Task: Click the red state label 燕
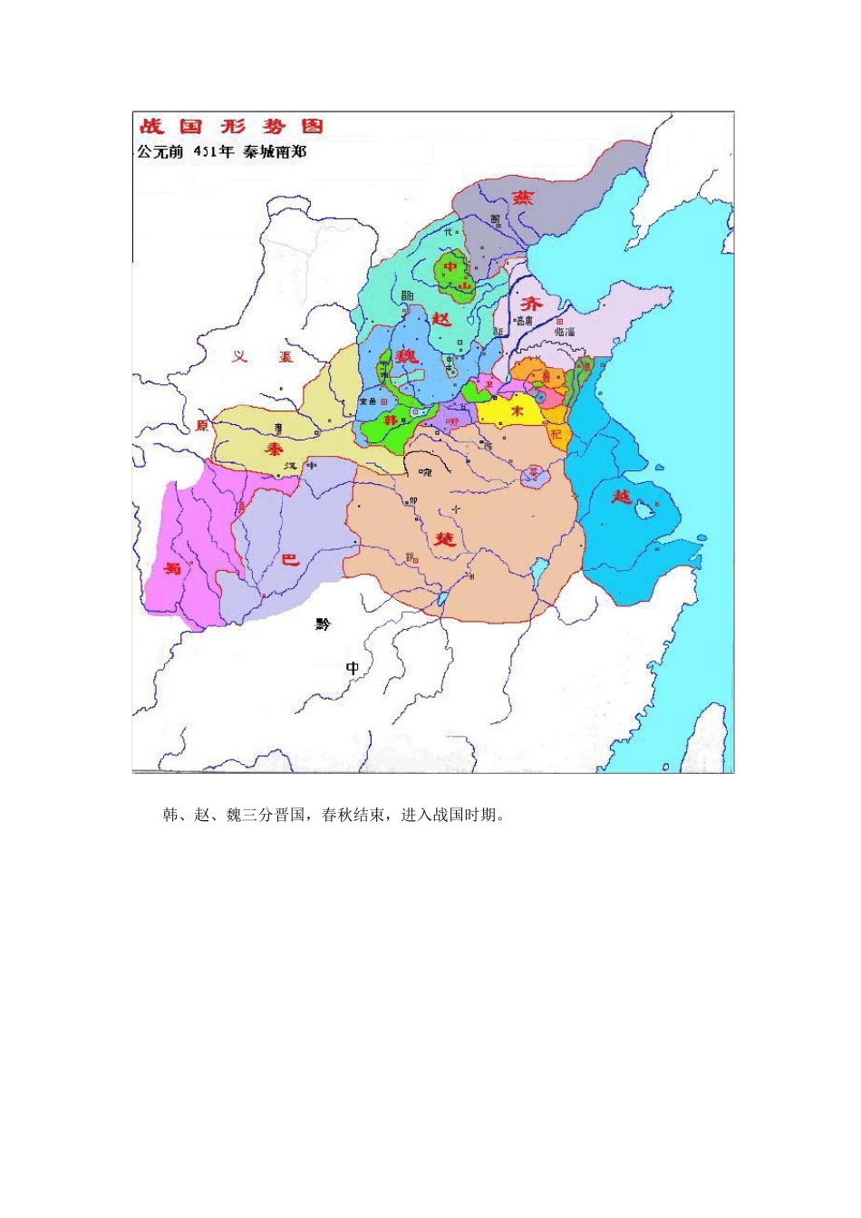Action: [523, 198]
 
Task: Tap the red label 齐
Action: [530, 304]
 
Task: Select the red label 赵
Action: [441, 319]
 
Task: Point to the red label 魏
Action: [407, 356]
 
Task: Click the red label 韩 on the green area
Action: [390, 420]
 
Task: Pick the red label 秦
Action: [274, 449]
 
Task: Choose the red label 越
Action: [622, 497]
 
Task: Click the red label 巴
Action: [290, 560]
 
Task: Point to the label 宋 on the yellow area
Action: [518, 411]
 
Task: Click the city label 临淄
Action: [564, 333]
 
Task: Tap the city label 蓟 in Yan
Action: [495, 219]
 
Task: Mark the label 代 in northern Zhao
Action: [447, 232]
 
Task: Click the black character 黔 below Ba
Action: [324, 624]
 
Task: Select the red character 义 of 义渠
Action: [239, 357]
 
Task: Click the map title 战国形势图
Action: [231, 127]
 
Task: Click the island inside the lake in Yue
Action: [645, 511]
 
